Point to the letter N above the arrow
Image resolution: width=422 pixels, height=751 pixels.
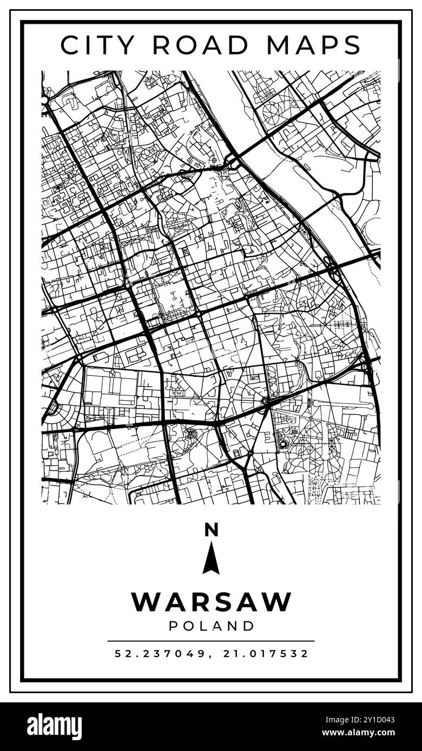pyautogui.click(x=211, y=530)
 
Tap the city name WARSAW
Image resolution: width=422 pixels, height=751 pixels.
pyautogui.click(x=211, y=602)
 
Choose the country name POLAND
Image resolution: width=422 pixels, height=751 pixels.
pyautogui.click(x=211, y=626)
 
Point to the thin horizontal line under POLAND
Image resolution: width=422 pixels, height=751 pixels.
pyautogui.click(x=211, y=641)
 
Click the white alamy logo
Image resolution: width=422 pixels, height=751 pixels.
pyautogui.click(x=54, y=727)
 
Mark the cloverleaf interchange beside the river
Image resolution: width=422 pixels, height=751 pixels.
pyautogui.click(x=332, y=269)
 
